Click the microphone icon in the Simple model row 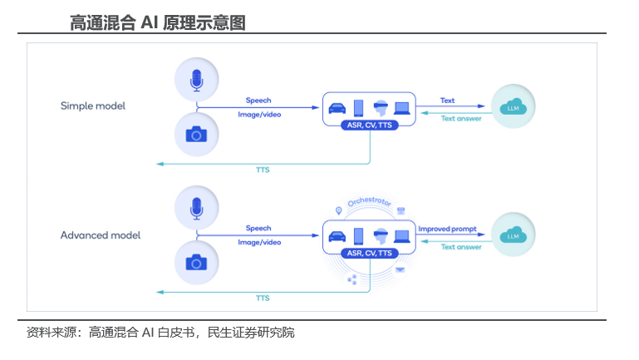(x=196, y=80)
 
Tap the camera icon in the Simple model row (x=196, y=134)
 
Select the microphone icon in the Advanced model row (x=196, y=208)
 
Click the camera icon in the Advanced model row (x=196, y=263)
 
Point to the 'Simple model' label (x=93, y=106)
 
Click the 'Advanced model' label (x=101, y=235)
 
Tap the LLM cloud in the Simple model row (x=513, y=106)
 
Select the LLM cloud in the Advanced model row (x=513, y=235)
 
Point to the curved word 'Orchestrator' (x=369, y=205)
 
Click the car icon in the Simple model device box (x=337, y=107)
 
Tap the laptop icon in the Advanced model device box (x=402, y=236)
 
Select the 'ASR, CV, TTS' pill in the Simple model (x=368, y=126)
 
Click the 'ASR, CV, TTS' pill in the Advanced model (x=368, y=253)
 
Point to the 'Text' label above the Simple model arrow (x=448, y=101)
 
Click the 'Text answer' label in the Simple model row (x=461, y=117)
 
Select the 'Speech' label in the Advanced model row (x=258, y=229)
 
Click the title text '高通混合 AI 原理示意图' (x=158, y=23)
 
